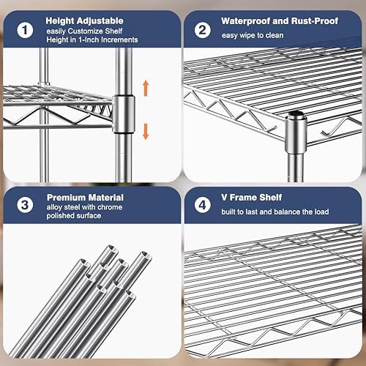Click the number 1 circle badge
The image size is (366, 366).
[25, 30]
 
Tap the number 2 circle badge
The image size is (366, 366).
[203, 30]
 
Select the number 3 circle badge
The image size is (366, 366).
[25, 205]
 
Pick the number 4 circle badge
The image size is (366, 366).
[203, 205]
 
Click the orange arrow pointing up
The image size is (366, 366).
[146, 88]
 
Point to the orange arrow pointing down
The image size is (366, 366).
[146, 132]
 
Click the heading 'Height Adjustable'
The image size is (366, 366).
[84, 20]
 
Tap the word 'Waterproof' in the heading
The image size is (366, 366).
[246, 21]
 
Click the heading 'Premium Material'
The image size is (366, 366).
[85, 198]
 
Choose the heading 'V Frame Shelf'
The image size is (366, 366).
[252, 197]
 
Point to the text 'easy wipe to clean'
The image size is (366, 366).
[253, 35]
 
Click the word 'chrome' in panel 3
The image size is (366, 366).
[109, 207]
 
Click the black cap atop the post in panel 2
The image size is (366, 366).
[296, 113]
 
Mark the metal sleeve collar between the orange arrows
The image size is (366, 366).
[124, 113]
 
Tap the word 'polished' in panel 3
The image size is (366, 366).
[61, 216]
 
